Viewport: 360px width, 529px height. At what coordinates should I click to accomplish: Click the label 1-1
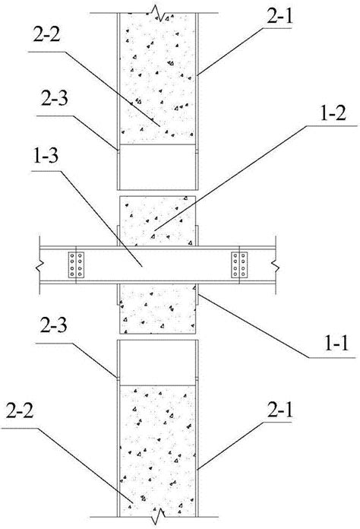tap(336, 344)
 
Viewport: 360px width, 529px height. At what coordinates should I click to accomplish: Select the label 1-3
tap(45, 156)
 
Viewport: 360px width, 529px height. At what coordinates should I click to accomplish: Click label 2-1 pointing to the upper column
tap(279, 16)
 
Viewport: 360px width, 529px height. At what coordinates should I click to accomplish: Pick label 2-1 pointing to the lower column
tap(280, 410)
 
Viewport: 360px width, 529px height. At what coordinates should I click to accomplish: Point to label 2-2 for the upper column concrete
tap(46, 34)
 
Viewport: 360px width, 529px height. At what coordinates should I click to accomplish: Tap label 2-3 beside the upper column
tap(55, 98)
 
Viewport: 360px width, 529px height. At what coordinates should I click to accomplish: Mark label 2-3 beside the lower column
tap(54, 325)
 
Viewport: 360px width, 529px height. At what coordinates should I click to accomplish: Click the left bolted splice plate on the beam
tap(76, 264)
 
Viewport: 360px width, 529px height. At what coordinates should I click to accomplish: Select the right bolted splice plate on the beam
tap(239, 264)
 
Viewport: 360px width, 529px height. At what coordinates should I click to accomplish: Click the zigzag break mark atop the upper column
tap(159, 14)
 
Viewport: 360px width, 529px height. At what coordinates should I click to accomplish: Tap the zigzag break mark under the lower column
tap(159, 516)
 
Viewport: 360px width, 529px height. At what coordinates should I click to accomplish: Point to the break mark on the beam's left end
tap(39, 265)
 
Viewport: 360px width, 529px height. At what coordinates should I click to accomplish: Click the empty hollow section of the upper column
tap(157, 167)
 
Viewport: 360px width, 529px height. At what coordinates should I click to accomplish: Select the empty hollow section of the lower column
tap(157, 363)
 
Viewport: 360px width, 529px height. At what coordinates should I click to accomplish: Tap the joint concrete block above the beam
tap(157, 220)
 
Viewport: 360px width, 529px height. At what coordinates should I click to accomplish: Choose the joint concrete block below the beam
tap(157, 309)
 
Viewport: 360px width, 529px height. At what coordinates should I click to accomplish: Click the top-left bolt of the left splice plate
tap(72, 256)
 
